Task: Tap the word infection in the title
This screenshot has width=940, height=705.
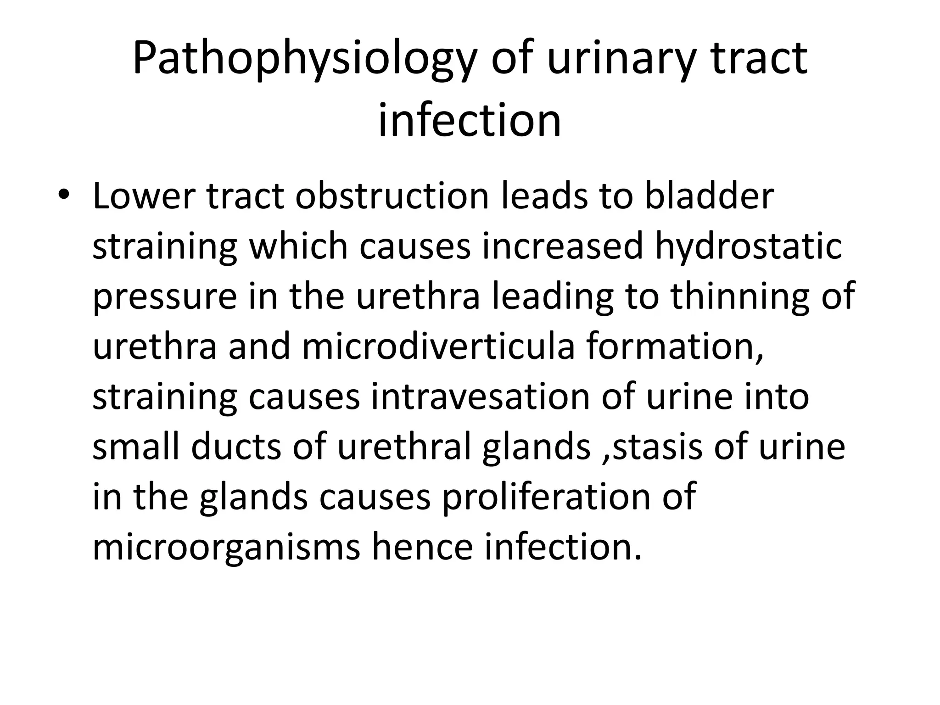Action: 470,120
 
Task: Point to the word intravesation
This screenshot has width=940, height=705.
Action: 480,397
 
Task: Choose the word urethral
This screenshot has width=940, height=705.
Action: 404,448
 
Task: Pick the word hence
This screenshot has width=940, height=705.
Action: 422,548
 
